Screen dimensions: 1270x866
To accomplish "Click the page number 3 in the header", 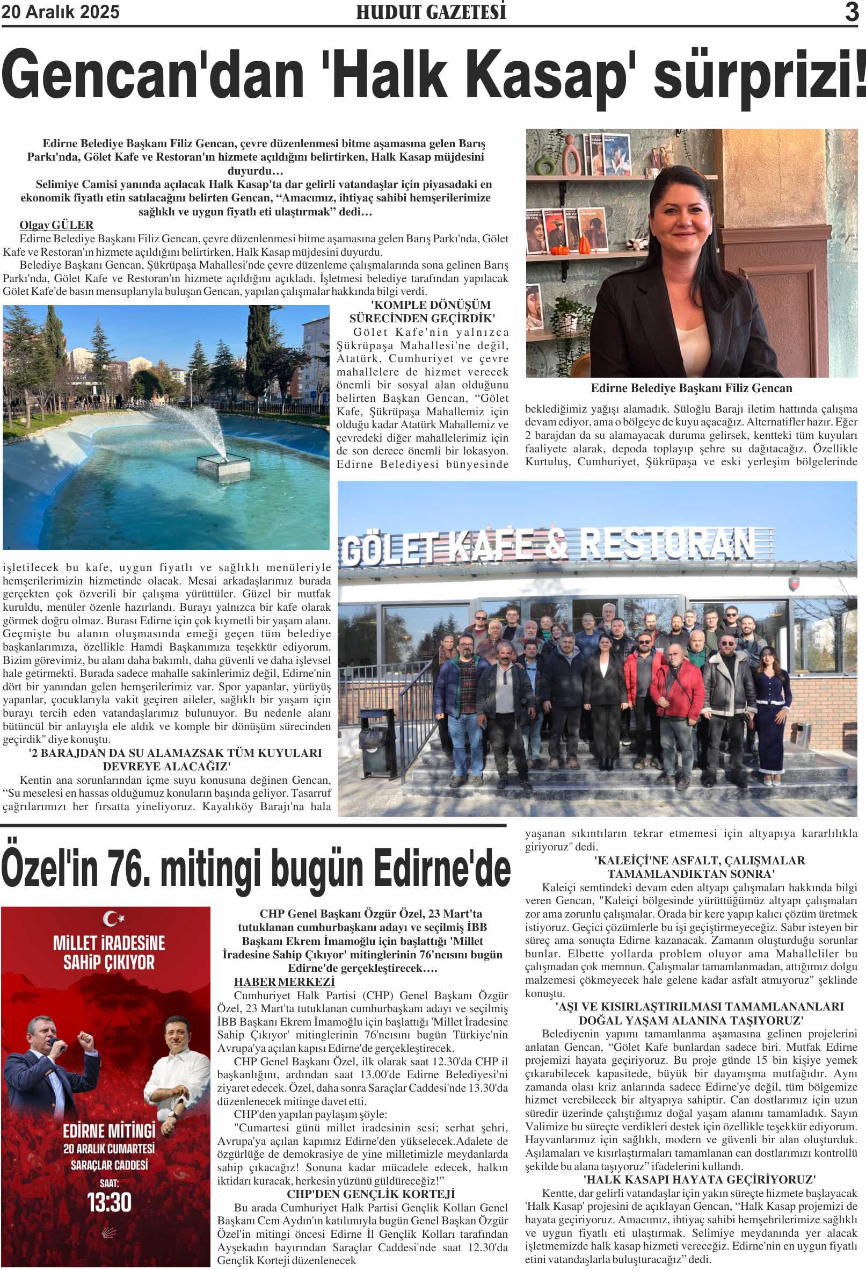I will (x=852, y=12).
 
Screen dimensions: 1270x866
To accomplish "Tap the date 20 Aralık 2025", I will (x=61, y=12).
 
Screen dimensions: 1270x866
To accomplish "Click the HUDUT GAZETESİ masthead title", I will (x=431, y=12).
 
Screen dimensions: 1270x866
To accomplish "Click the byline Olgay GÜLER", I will (x=56, y=225).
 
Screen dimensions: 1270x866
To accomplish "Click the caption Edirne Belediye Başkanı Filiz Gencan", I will (x=692, y=388).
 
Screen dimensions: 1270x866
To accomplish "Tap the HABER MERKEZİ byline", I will (x=284, y=982).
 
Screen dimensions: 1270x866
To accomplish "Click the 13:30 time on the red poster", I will (x=108, y=1203).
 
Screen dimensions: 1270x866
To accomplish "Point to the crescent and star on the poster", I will (x=113, y=919).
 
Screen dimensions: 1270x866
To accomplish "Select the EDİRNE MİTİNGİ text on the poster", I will (x=108, y=1130).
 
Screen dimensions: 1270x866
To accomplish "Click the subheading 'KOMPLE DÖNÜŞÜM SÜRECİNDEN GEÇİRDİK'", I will (x=422, y=312).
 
